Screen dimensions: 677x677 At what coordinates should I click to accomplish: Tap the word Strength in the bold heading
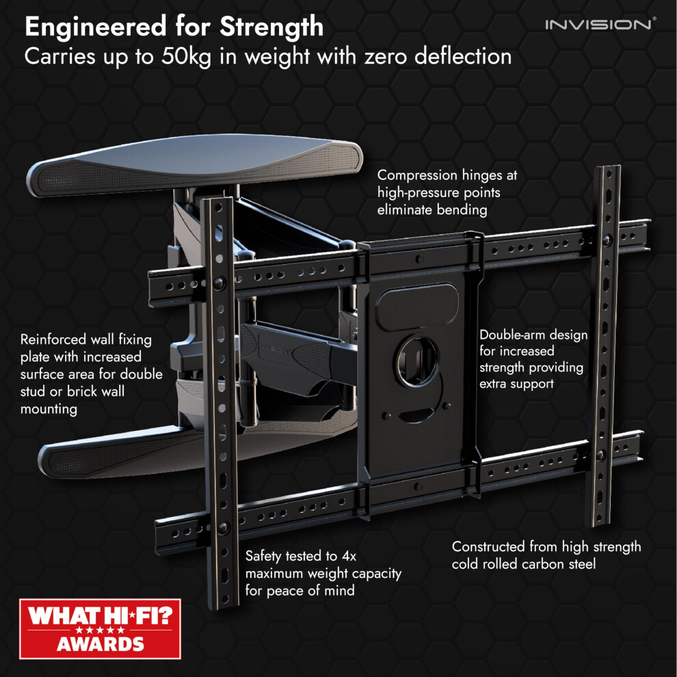pos(271,27)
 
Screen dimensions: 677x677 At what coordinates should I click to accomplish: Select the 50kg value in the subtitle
pos(186,57)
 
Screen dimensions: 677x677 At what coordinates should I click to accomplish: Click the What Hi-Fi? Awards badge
pos(100,628)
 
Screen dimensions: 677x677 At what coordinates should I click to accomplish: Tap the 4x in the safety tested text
pos(349,556)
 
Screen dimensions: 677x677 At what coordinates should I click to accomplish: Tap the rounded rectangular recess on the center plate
pos(417,306)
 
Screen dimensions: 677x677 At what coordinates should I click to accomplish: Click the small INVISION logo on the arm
pos(274,349)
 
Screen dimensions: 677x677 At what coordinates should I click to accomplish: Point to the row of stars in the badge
pos(100,630)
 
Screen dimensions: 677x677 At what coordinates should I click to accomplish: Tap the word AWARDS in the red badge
pos(100,644)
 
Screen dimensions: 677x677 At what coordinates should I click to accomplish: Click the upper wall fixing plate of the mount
pos(194,164)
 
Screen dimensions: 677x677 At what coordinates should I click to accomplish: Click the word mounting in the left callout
pos(49,410)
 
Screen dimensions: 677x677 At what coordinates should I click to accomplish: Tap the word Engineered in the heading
pos(96,27)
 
